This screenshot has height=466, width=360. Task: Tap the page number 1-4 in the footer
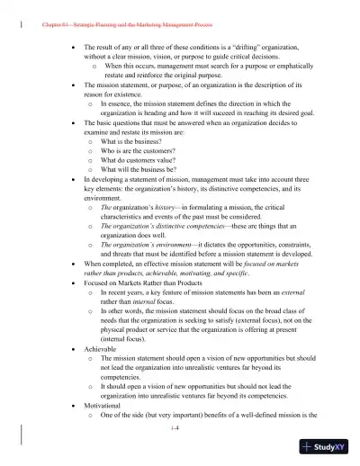tap(179, 430)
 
